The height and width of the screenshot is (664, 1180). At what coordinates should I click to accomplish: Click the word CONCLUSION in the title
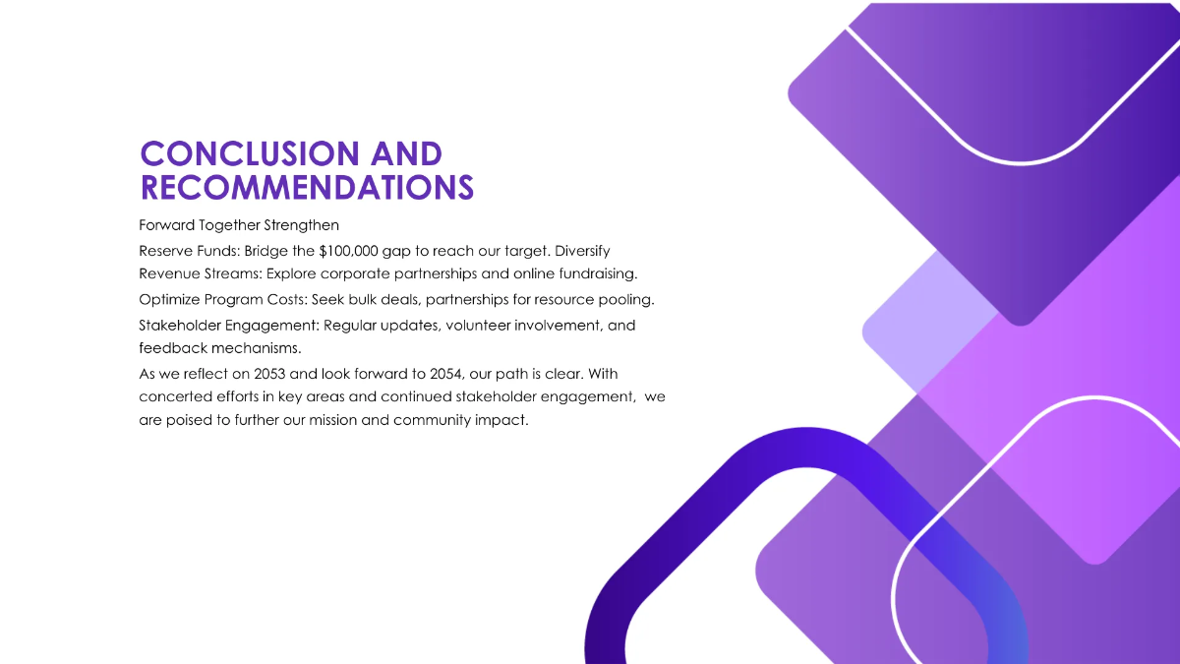pyautogui.click(x=250, y=153)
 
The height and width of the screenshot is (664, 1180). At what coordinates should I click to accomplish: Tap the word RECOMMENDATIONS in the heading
pyautogui.click(x=307, y=187)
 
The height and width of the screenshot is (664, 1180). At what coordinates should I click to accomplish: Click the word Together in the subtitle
pyautogui.click(x=236, y=225)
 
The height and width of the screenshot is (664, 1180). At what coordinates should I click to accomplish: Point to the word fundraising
pyautogui.click(x=595, y=273)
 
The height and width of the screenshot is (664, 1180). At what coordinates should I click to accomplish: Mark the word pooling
pyautogui.click(x=626, y=299)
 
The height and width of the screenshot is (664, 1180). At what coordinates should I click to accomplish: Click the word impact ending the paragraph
pyautogui.click(x=503, y=421)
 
